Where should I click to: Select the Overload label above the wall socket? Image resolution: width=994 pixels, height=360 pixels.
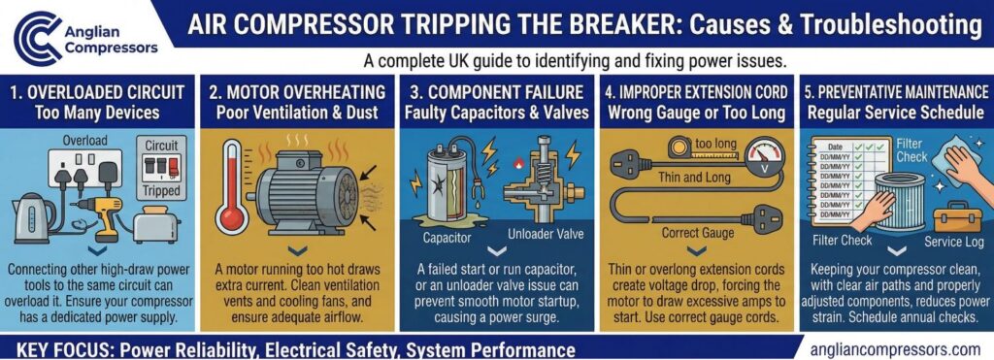[x=85, y=140]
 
